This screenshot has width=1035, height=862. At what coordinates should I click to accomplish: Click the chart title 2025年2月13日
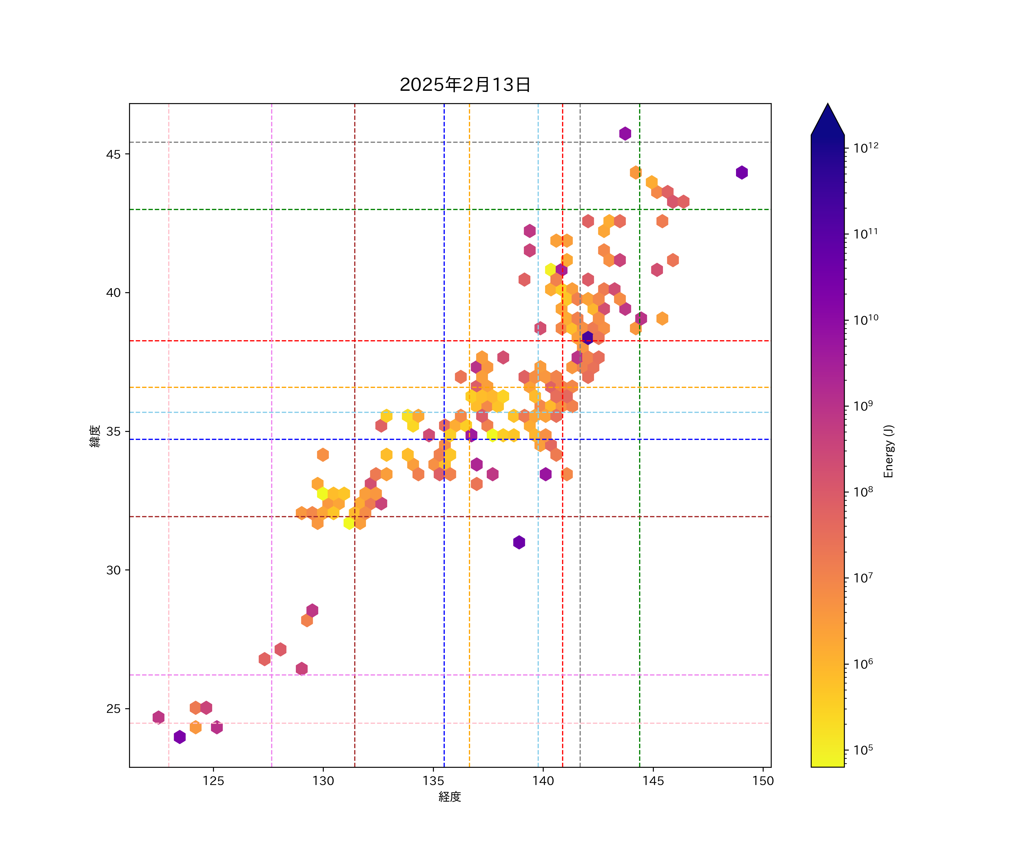465,85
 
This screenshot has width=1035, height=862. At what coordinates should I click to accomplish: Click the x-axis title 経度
449,796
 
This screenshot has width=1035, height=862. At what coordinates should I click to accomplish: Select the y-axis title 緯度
95,436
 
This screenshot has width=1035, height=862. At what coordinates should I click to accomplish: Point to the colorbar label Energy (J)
888,451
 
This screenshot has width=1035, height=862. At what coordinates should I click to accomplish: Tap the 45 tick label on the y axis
113,154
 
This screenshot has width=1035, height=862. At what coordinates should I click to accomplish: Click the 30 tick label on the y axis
113,570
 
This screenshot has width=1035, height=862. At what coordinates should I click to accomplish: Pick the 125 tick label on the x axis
213,781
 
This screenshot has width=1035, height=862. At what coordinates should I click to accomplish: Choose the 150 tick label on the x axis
763,781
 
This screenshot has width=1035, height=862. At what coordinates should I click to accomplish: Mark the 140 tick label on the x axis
543,781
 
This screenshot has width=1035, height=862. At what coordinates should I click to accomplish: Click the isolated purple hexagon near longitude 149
742,172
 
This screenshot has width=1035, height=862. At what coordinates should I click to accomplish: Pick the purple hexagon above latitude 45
625,134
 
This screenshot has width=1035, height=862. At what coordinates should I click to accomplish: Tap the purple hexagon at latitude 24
180,737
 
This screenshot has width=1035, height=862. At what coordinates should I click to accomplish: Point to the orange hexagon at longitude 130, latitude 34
323,455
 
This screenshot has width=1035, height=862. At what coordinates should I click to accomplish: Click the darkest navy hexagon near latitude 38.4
587,337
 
